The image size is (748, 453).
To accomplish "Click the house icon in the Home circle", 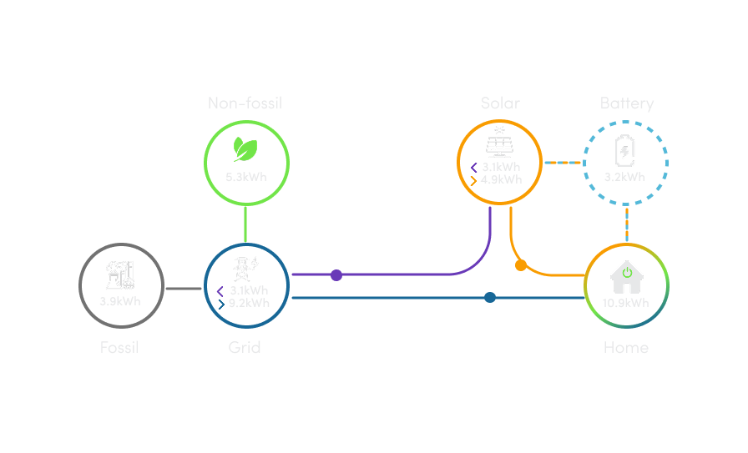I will tap(625, 274).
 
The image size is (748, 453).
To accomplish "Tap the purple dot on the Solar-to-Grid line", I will tap(336, 275).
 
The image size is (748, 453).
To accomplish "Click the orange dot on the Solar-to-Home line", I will tap(521, 265).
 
